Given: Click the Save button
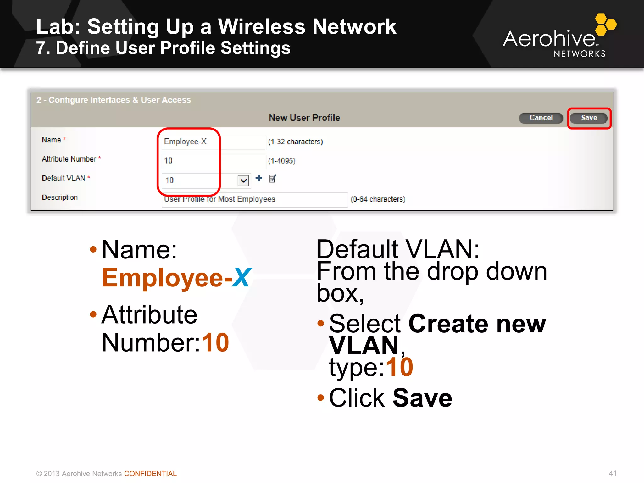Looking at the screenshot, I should [x=589, y=118].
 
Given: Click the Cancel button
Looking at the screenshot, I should [x=541, y=118].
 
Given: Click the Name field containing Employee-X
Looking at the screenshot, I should [x=213, y=142].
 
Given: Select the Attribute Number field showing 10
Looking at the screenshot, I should [x=213, y=161].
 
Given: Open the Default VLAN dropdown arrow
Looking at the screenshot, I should [x=243, y=180].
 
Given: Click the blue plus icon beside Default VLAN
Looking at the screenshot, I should [x=259, y=178].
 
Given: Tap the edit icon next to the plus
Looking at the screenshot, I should [x=272, y=179].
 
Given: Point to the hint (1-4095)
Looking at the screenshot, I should [x=282, y=161].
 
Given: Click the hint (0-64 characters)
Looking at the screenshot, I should [x=378, y=199].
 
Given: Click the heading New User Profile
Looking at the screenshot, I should [x=304, y=118].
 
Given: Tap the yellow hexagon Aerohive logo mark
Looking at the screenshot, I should [x=605, y=24].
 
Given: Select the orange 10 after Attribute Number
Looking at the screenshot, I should [x=215, y=343].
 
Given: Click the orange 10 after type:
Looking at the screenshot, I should [x=399, y=367].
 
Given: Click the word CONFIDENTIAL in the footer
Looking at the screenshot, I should [x=150, y=474].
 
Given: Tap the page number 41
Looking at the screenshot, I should [x=612, y=473].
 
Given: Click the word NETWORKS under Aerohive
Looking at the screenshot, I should [x=579, y=54].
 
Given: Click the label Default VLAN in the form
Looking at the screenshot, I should [x=64, y=178].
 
